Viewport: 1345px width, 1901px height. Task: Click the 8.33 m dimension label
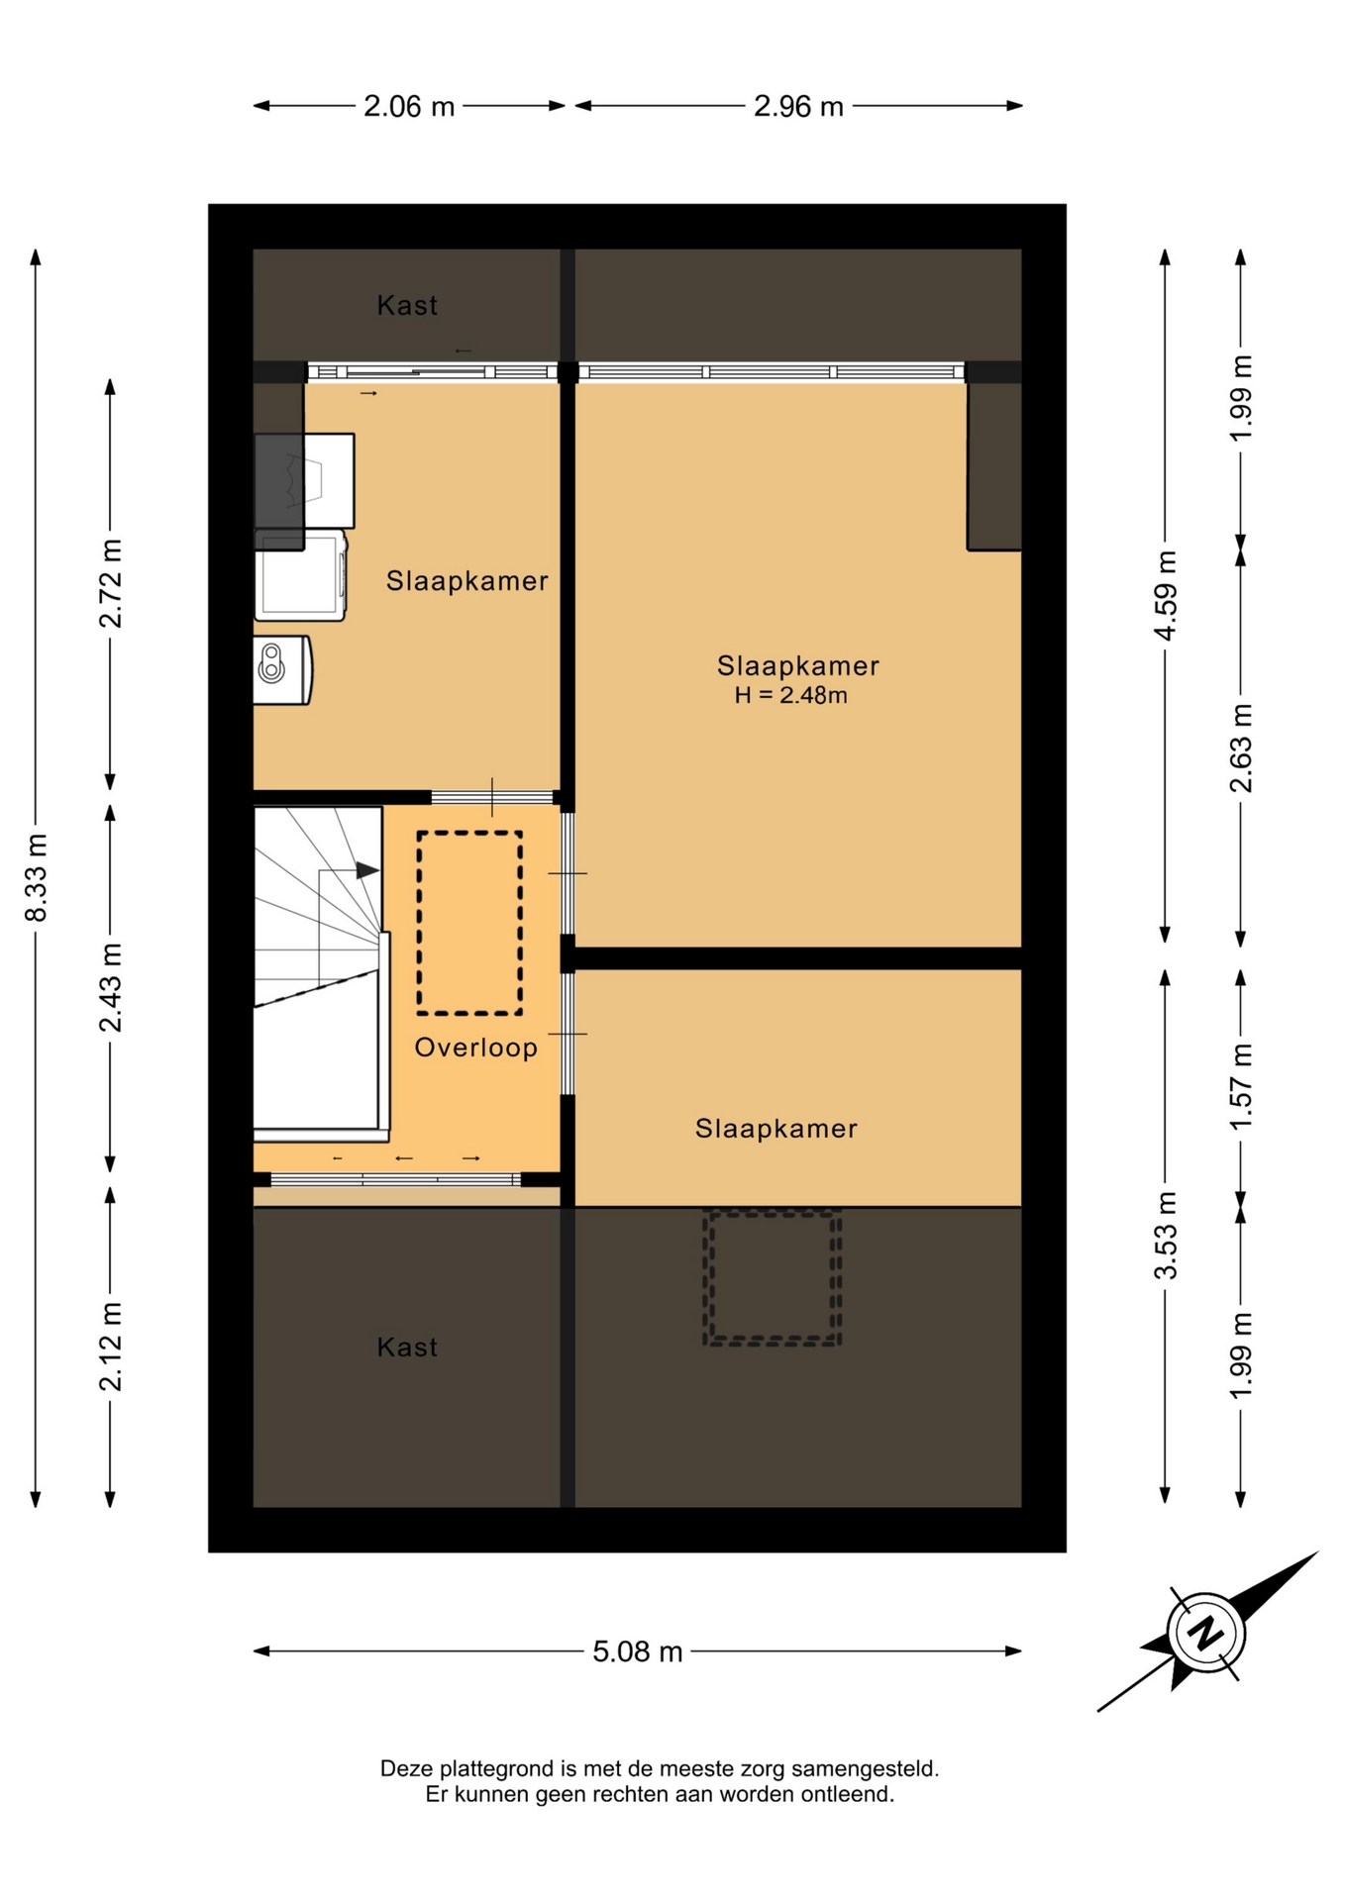tap(37, 878)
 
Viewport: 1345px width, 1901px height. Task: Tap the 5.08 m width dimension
tap(638, 1652)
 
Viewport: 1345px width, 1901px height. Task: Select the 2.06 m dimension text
tap(409, 106)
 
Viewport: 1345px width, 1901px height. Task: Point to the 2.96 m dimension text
tap(798, 106)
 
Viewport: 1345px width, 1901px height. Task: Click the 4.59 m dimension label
tap(1166, 595)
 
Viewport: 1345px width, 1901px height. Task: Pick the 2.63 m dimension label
tap(1241, 749)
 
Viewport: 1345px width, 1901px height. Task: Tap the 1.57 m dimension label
tap(1241, 1086)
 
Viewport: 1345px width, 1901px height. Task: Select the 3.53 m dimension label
tap(1166, 1235)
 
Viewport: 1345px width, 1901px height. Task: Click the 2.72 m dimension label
tap(111, 584)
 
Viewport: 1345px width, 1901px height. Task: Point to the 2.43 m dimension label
tap(111, 987)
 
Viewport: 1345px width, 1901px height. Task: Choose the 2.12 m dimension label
tap(111, 1347)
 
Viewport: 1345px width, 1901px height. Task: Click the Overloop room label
tap(476, 1048)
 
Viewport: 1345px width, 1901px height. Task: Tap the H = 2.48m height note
tap(790, 695)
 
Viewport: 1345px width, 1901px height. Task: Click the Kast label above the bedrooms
tap(407, 305)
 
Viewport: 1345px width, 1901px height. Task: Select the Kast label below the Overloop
tap(407, 1347)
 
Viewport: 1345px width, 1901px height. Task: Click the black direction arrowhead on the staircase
tap(367, 870)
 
